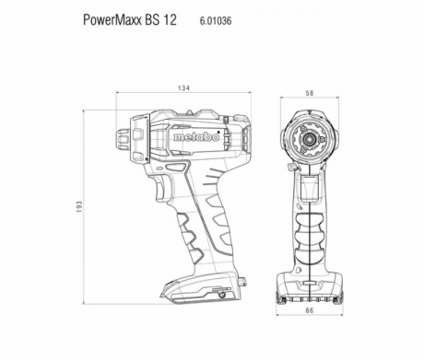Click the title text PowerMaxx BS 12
[x=130, y=20]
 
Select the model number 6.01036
[x=216, y=21]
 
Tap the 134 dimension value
[x=183, y=88]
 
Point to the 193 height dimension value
[x=79, y=207]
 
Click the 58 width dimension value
[x=310, y=93]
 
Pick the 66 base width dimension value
[x=310, y=310]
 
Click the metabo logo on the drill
[x=196, y=137]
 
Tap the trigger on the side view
[x=162, y=188]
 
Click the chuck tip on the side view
[x=124, y=137]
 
